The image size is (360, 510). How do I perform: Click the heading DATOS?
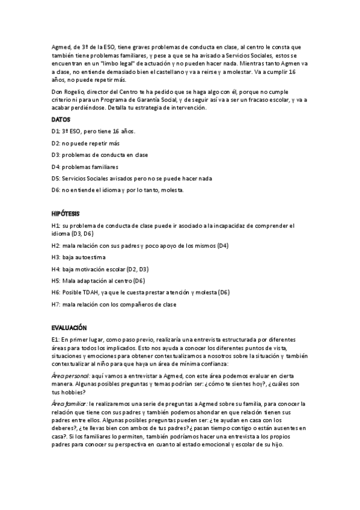[x=61, y=119]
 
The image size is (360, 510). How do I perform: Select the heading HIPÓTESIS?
[x=66, y=214]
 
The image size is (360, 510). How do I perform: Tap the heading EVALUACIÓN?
[x=69, y=328]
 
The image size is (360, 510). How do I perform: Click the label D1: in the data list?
[x=56, y=131]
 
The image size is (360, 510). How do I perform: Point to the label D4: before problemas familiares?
[x=56, y=167]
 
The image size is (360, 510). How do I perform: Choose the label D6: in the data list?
[x=56, y=190]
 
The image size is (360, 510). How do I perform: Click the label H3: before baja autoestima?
[x=56, y=257]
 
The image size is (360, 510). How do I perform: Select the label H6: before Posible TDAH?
[x=56, y=292]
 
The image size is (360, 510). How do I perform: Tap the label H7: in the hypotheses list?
[x=56, y=304]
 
